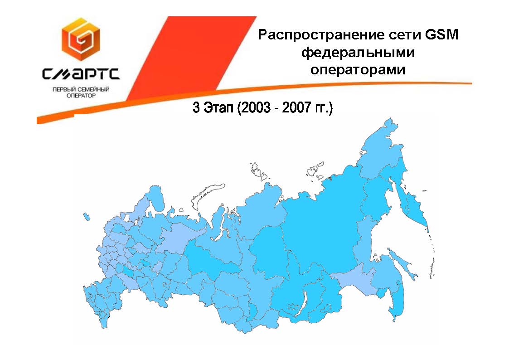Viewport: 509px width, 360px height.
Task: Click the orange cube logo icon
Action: pos(81,39)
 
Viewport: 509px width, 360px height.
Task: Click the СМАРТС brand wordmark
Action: pos(81,74)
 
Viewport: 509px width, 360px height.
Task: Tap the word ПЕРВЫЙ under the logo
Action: pos(63,90)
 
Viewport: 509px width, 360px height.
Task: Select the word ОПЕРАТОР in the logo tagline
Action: pos(81,96)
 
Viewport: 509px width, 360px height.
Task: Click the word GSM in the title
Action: pos(441,34)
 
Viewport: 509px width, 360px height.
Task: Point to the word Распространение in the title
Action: pos(320,35)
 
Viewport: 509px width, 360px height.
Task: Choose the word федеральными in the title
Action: pos(358,53)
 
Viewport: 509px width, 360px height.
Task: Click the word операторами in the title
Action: pos(358,70)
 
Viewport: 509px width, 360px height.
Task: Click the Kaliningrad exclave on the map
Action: pos(87,217)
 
